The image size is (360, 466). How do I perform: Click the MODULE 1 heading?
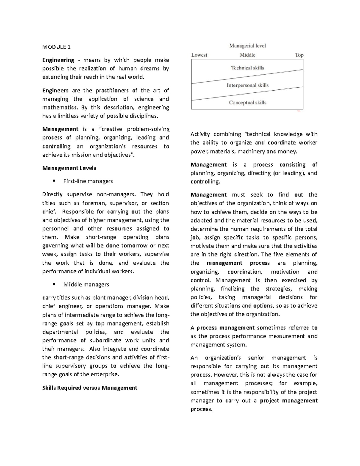56,47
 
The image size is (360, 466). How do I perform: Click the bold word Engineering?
58,60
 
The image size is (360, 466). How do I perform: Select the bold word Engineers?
55,90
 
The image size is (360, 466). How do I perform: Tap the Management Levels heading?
69,168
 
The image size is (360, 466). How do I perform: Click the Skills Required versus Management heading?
90,388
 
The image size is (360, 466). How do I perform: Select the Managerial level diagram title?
247,46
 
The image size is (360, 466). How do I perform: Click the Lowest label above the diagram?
199,55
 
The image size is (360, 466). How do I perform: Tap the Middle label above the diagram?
247,55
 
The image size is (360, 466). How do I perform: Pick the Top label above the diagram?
299,55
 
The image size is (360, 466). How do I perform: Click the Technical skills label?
247,68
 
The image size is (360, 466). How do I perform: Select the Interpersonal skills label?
247,85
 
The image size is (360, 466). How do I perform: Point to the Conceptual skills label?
247,103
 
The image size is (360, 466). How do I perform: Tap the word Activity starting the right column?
200,134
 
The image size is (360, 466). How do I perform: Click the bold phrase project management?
289,401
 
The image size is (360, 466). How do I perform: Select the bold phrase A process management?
223,328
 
